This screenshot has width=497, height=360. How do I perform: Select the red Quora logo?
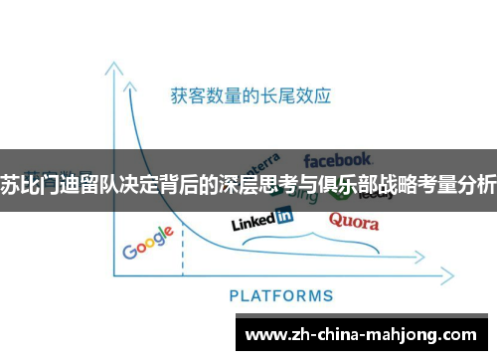(354, 221)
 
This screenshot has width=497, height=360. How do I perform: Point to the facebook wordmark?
(337, 159)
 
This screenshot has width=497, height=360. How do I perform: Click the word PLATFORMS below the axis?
(281, 295)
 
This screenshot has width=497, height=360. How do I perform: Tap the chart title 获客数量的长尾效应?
(250, 96)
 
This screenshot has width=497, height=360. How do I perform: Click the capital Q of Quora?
(336, 220)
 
